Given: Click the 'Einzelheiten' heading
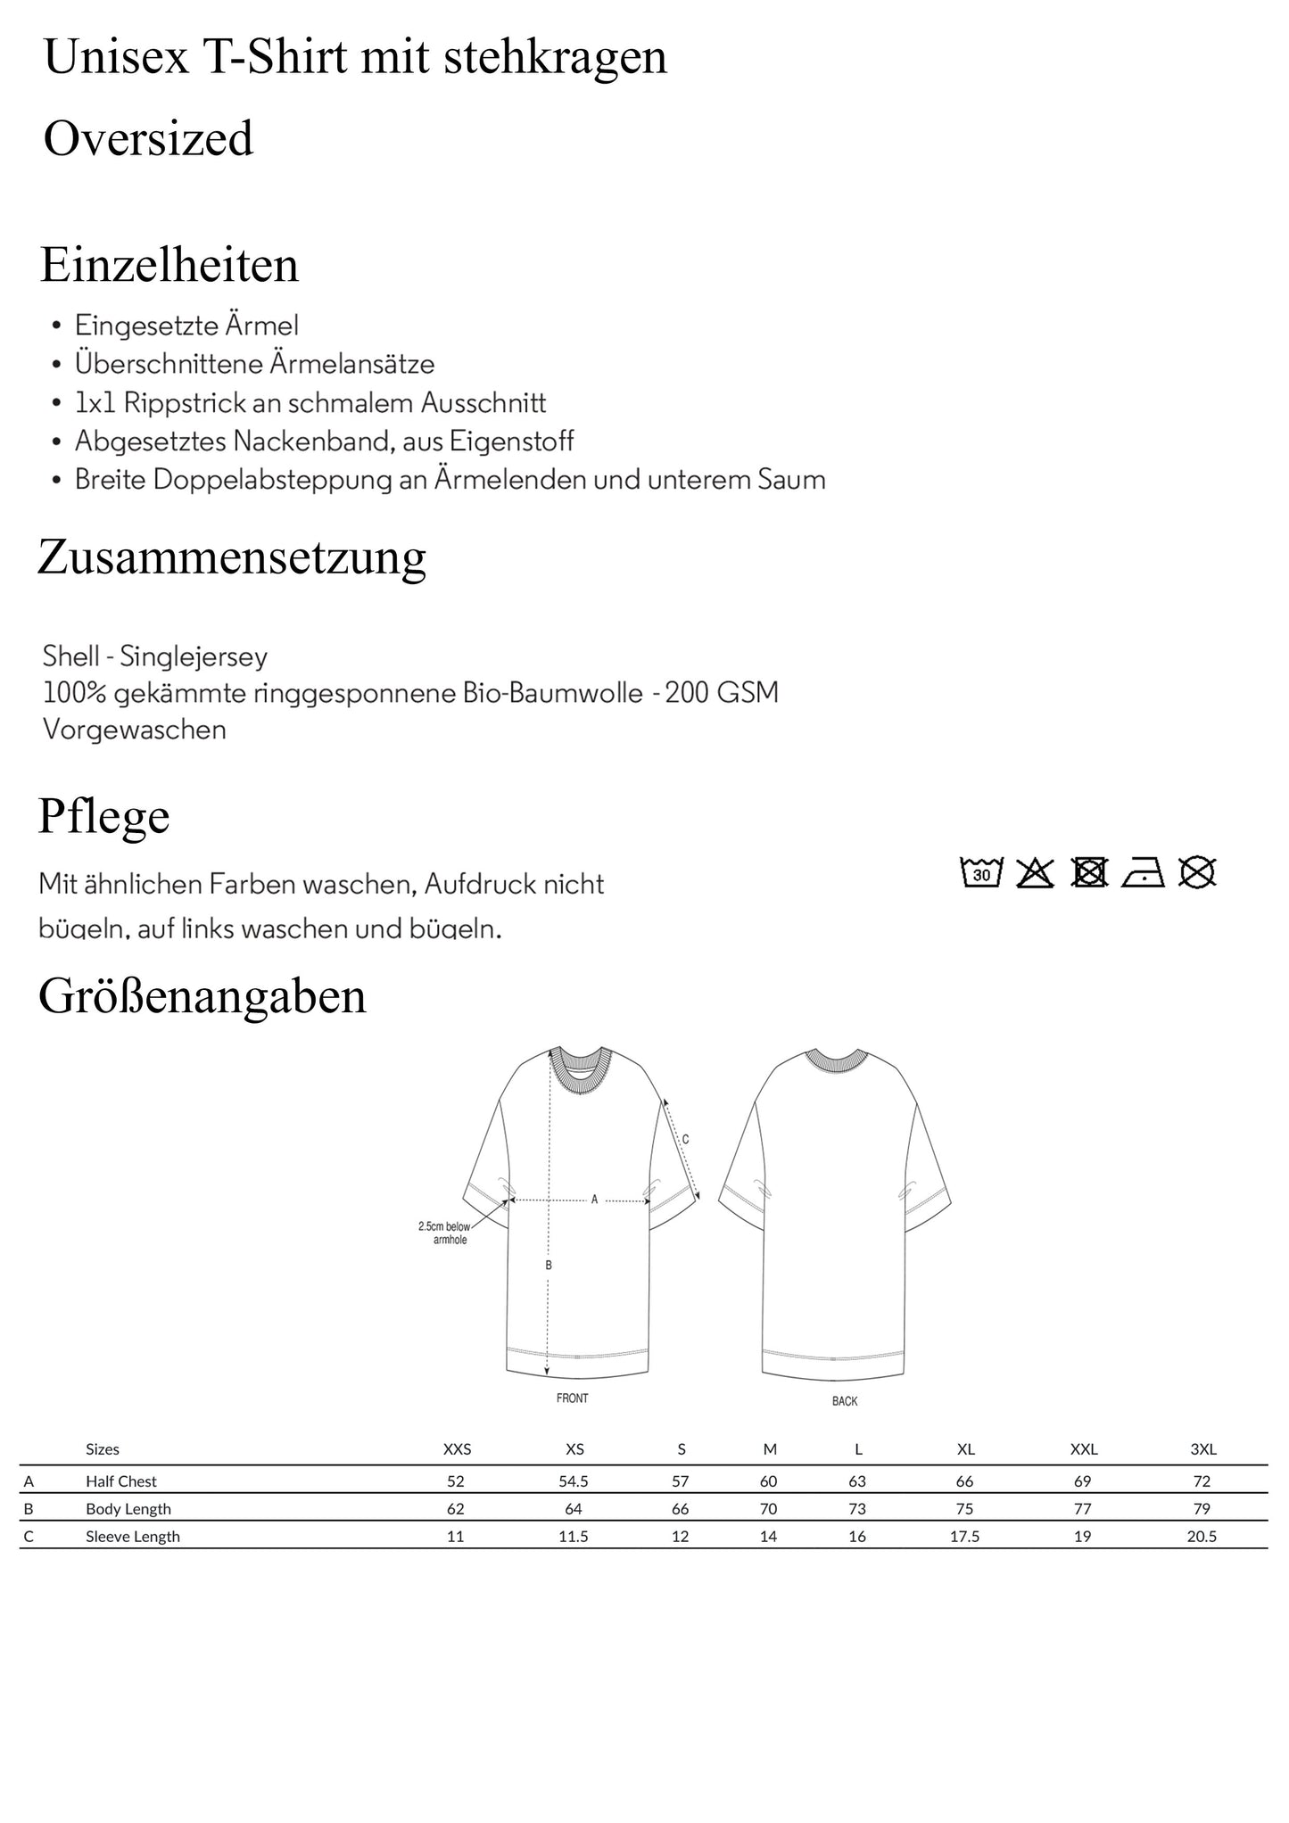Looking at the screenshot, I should (x=169, y=265).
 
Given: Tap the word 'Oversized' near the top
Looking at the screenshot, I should (x=148, y=138).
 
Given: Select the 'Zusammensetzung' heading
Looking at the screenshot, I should (x=232, y=557).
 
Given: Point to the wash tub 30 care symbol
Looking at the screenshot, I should (x=981, y=871).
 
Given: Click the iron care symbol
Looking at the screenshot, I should (x=1143, y=871).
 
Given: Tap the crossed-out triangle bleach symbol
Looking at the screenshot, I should (x=1035, y=871).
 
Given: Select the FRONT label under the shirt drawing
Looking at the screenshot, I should (x=572, y=1398).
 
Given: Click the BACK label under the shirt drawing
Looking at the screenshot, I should (x=844, y=1401).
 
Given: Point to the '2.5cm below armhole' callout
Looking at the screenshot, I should (x=444, y=1233).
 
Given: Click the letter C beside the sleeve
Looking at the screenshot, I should (x=685, y=1140).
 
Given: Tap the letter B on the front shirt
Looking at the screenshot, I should (x=549, y=1265).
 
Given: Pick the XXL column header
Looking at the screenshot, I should (x=1083, y=1449).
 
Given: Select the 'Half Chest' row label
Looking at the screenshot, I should (x=121, y=1481).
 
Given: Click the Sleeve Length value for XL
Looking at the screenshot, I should (x=964, y=1536).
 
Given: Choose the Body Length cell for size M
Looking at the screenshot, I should (x=768, y=1509).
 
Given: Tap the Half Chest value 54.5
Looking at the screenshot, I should (x=573, y=1481).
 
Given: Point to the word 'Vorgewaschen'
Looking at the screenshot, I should (x=135, y=730).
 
